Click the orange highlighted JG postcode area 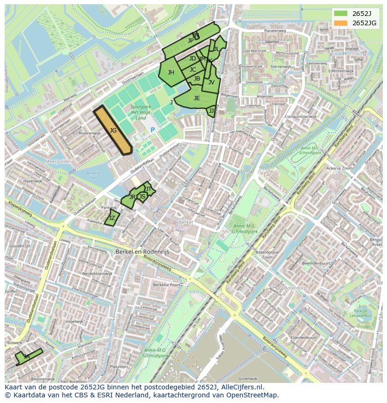113,131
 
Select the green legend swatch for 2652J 341,13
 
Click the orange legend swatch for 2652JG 341,23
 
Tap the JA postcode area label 27,357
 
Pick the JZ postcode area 112,218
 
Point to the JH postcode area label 171,73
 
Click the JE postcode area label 197,98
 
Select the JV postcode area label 211,82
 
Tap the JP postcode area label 191,41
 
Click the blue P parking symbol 152,130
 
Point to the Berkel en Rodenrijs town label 142,251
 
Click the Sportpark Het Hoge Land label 141,112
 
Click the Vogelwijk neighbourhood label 74,322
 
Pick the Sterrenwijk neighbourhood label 280,67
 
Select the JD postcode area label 193,59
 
